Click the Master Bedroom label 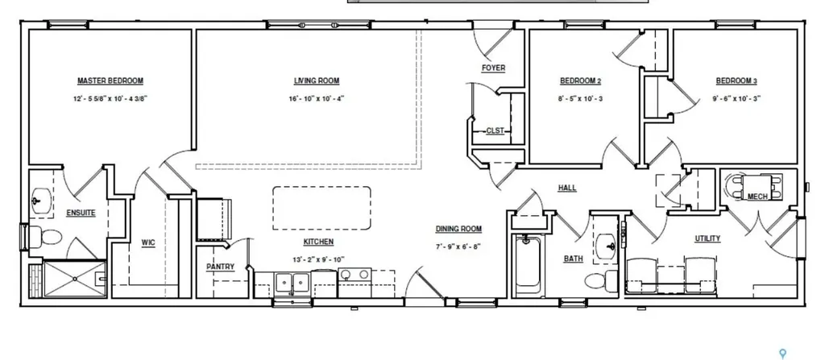coord(110,81)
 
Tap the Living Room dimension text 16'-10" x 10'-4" coord(316,98)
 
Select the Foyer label coord(493,68)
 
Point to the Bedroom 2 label coord(580,81)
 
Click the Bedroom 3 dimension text coord(736,98)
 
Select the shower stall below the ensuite coord(74,279)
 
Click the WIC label coord(148,242)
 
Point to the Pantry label coord(220,267)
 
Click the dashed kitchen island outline coord(321,208)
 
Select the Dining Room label coord(458,229)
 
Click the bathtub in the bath coord(528,266)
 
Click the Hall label coord(567,188)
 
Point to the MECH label coord(757,197)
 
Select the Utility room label coord(707,238)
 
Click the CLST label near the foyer coord(495,130)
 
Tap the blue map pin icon coord(782,354)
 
